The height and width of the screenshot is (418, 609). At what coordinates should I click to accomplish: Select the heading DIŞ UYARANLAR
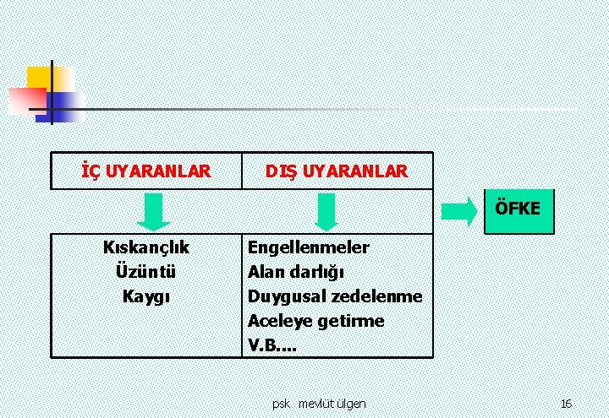pyautogui.click(x=336, y=171)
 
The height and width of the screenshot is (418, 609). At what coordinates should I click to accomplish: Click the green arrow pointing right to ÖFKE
pyautogui.click(x=460, y=212)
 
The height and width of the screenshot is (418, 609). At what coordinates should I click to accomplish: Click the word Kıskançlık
pyautogui.click(x=145, y=247)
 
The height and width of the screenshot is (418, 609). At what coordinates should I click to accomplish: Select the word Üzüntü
pyautogui.click(x=145, y=272)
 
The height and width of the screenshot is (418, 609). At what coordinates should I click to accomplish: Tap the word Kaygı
pyautogui.click(x=145, y=296)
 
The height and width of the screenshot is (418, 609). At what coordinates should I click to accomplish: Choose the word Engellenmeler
pyautogui.click(x=308, y=247)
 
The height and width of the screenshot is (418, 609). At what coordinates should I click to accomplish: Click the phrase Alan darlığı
pyautogui.click(x=295, y=272)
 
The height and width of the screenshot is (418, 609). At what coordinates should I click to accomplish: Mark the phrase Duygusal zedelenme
pyautogui.click(x=335, y=296)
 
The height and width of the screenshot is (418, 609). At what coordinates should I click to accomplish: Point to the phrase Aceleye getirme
pyautogui.click(x=315, y=321)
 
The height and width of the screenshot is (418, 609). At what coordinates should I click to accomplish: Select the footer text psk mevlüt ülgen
pyautogui.click(x=319, y=404)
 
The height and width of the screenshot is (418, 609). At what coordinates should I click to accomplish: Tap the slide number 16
pyautogui.click(x=566, y=404)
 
